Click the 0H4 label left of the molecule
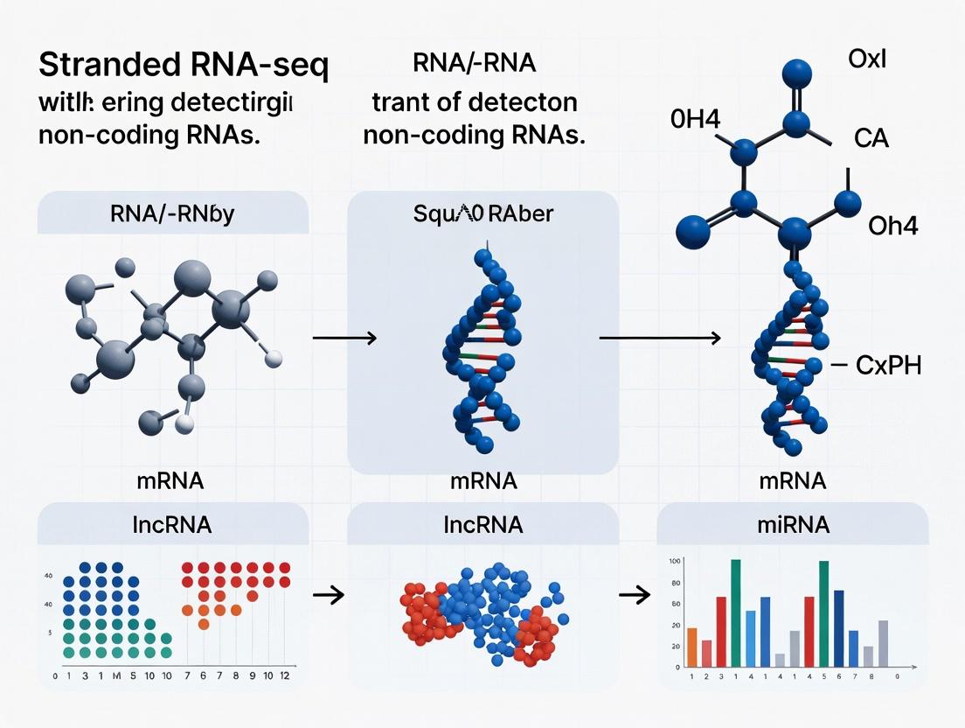[x=696, y=120]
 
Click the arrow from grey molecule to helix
[x=344, y=338]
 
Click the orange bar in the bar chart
[x=692, y=647]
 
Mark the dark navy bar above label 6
[x=838, y=628]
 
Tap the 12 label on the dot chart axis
[x=285, y=676]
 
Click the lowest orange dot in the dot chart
[x=204, y=624]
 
